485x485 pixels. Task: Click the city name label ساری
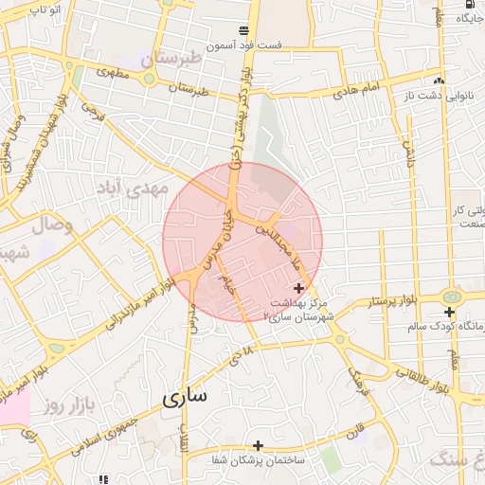185,396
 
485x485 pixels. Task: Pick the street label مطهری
112,73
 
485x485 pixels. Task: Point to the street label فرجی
93,113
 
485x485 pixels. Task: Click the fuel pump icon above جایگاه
471,16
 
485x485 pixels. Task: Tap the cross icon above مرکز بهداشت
299,288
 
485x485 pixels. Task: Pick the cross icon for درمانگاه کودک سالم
449,312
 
